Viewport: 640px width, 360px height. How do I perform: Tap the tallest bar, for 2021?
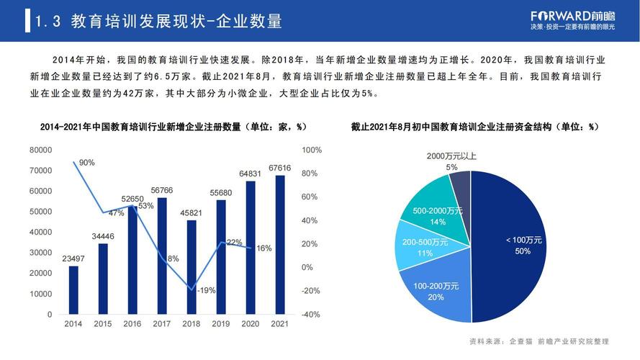click(280, 245)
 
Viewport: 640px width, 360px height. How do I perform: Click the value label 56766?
click(162, 190)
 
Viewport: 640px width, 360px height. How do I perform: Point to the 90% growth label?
click(87, 163)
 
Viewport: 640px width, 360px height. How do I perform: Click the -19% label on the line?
click(207, 290)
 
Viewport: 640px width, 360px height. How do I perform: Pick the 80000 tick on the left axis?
click(40, 150)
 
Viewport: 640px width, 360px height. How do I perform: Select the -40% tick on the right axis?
click(311, 315)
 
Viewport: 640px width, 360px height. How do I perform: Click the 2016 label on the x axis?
click(132, 324)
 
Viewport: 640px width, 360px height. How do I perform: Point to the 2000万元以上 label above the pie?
click(451, 156)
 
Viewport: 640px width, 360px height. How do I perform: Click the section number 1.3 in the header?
click(47, 22)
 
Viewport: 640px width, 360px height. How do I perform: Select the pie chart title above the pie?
click(474, 127)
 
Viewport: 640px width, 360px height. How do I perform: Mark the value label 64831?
click(251, 174)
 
